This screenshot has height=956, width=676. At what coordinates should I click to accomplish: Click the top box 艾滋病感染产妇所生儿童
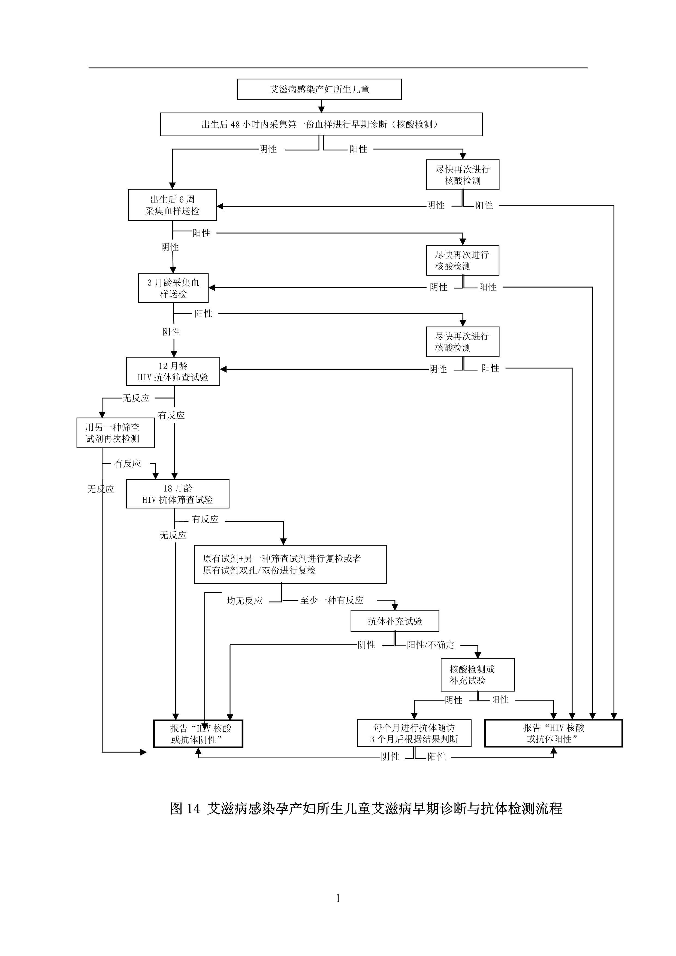pos(319,89)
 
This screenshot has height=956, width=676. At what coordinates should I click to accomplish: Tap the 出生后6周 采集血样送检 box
pos(172,205)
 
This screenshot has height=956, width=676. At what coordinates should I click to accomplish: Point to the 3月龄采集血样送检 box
pos(173,288)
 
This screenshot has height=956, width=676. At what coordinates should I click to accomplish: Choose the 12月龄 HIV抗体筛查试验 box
pos(173,371)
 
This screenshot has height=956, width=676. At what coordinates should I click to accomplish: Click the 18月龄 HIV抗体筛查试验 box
pos(177,494)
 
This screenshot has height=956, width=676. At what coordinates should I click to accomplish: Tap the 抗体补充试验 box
pos(395,621)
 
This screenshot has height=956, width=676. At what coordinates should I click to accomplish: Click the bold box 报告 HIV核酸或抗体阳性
pos(553,733)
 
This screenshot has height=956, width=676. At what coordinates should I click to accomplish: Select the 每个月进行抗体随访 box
pos(414,733)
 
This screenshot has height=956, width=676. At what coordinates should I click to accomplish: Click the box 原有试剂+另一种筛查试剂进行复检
pos(290,564)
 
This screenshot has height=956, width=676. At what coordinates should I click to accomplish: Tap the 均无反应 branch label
pos(244,601)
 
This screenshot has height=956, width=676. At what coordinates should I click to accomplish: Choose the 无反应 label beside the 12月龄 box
pos(136,398)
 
